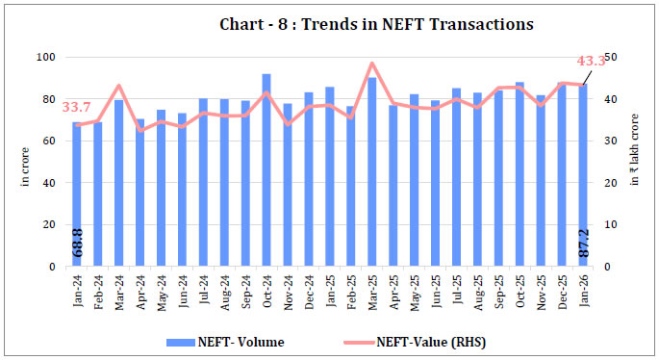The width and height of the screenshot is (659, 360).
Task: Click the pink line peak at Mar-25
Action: (x=371, y=64)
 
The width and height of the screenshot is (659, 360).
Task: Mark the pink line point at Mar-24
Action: (x=118, y=86)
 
